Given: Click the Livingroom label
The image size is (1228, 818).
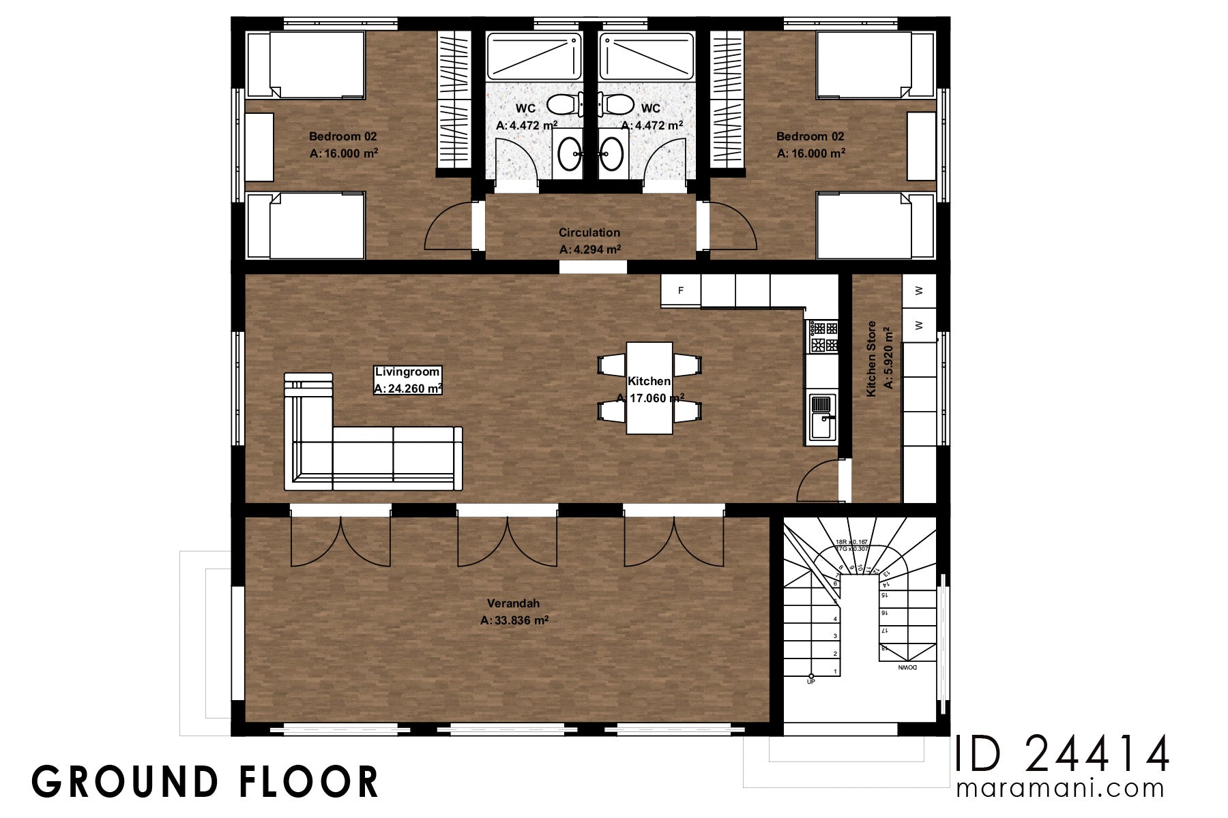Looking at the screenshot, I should pyautogui.click(x=407, y=372).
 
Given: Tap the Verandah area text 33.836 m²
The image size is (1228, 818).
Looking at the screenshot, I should pyautogui.click(x=514, y=620).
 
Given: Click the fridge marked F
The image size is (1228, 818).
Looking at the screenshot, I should pyautogui.click(x=681, y=291).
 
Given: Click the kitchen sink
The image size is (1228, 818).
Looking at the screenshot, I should pyautogui.click(x=821, y=416).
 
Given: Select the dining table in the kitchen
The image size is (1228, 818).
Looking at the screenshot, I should pyautogui.click(x=649, y=388).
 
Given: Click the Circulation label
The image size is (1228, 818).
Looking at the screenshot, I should pyautogui.click(x=589, y=232).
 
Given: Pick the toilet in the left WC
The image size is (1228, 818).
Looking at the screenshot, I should pyautogui.click(x=561, y=105).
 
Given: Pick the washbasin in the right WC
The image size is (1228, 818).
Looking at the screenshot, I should pyautogui.click(x=612, y=153).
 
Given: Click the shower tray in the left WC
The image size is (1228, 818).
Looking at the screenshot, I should pyautogui.click(x=533, y=57).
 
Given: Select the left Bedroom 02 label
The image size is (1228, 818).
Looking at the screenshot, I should pyautogui.click(x=342, y=136).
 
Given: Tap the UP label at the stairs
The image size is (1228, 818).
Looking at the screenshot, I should pyautogui.click(x=810, y=681).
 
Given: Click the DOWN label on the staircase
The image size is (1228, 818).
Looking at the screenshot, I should pyautogui.click(x=907, y=668).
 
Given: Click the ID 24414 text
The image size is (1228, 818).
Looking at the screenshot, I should pyautogui.click(x=1062, y=754).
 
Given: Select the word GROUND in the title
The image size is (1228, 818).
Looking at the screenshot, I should pyautogui.click(x=122, y=782).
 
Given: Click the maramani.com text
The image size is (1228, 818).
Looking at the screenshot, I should pyautogui.click(x=1060, y=789).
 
